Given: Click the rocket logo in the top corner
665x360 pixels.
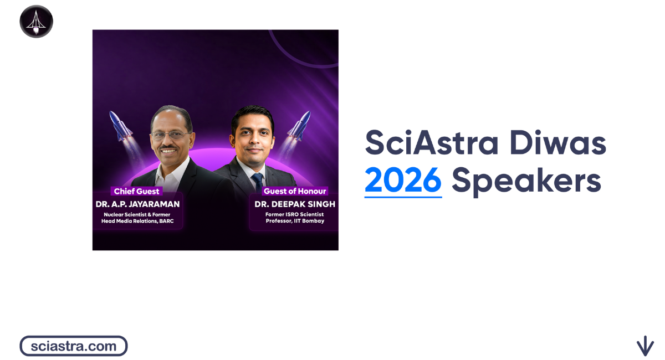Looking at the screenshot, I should click(x=36, y=22).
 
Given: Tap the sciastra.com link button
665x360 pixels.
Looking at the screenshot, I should click(x=74, y=346).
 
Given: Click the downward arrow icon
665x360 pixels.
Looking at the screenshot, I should click(x=644, y=346).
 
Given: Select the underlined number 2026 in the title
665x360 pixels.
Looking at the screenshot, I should click(x=403, y=181).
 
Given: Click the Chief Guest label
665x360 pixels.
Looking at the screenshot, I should click(x=136, y=192).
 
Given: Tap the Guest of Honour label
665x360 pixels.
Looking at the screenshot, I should click(x=295, y=192).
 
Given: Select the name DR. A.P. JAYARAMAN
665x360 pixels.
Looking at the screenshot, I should click(x=137, y=204).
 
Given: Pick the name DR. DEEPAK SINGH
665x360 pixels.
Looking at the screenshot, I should click(x=295, y=204).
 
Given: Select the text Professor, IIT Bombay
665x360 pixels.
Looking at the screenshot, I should click(x=295, y=221).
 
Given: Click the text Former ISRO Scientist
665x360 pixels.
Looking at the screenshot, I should click(x=295, y=214).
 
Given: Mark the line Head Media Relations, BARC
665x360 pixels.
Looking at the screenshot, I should click(x=137, y=221).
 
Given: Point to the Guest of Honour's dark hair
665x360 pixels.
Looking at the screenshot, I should click(x=253, y=114).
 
